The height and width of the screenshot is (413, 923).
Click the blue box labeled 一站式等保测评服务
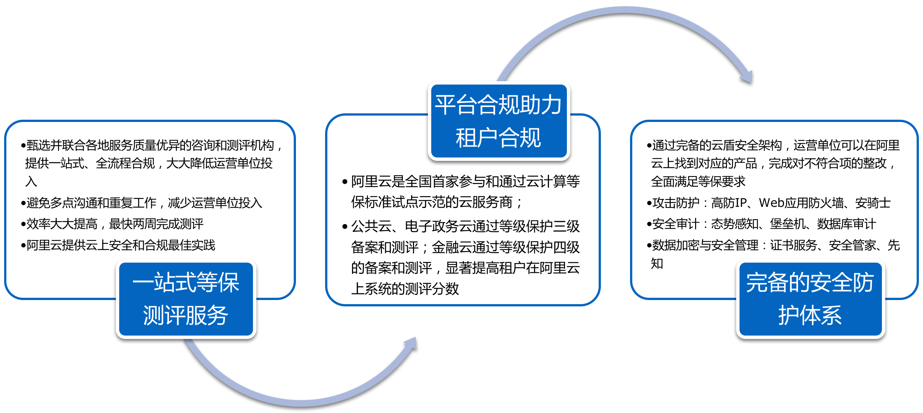tap(186, 299)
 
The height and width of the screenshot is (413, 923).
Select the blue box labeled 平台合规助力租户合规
tap(499, 121)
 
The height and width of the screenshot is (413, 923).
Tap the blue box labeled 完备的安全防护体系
tap(811, 299)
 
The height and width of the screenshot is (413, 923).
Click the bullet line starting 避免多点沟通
tap(142, 203)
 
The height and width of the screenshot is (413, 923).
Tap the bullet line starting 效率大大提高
tap(112, 224)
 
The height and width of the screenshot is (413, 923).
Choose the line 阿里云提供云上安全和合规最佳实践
tap(118, 245)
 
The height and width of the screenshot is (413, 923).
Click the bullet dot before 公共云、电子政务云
tap(345, 227)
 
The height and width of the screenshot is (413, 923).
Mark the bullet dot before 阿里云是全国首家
tap(345, 182)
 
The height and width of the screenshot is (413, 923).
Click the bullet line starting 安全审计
tap(761, 224)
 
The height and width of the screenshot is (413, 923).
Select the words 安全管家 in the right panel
tap(852, 245)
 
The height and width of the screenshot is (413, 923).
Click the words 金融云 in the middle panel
tap(452, 247)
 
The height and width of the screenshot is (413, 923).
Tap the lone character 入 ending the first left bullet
tap(31, 181)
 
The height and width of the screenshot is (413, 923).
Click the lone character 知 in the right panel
tap(657, 263)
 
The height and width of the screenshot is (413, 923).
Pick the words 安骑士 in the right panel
tap(873, 203)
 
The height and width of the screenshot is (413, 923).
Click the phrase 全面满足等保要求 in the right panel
tap(698, 181)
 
